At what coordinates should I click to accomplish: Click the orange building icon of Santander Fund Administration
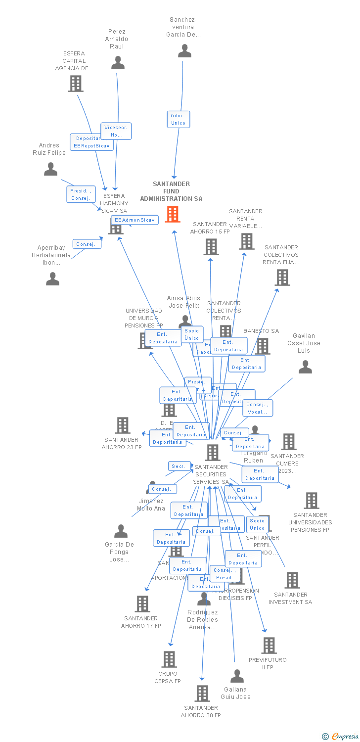172,214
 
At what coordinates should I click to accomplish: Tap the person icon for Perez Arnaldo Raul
118,63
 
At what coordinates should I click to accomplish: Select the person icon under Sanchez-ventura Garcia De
184,51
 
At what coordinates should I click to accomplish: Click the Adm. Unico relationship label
178,119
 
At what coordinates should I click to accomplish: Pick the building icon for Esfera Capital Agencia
75,84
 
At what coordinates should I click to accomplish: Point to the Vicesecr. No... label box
116,131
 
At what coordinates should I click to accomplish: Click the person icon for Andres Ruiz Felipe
50,169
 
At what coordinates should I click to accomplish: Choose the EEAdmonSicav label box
135,220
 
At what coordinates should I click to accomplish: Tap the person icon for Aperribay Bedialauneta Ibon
52,279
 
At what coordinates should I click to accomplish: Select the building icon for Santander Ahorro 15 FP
211,246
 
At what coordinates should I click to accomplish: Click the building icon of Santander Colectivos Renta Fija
282,278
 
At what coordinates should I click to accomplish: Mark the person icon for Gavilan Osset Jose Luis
305,367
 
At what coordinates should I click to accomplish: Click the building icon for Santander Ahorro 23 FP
122,425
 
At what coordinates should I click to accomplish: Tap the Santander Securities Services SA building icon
213,452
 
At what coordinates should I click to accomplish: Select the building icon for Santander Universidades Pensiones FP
311,501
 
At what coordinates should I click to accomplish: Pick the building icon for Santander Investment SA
292,580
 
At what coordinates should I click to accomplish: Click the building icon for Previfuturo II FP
269,645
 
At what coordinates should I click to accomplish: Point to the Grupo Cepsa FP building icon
169,659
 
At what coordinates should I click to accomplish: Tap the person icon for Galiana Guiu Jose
237,676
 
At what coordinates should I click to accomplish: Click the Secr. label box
178,466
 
